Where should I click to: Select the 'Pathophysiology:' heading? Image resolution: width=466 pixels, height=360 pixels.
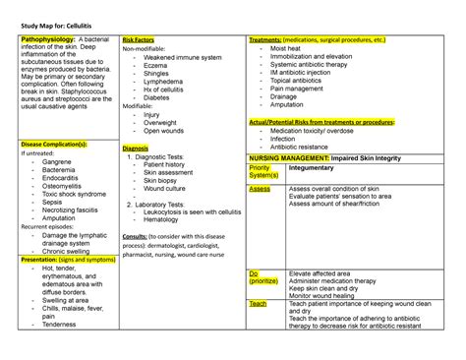46,39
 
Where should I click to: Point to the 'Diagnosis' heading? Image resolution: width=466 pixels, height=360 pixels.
136,149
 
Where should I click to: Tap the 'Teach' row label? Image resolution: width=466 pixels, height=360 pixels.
258,304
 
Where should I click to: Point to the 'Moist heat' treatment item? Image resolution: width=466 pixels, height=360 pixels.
286,47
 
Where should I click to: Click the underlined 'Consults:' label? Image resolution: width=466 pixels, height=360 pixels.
136,237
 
